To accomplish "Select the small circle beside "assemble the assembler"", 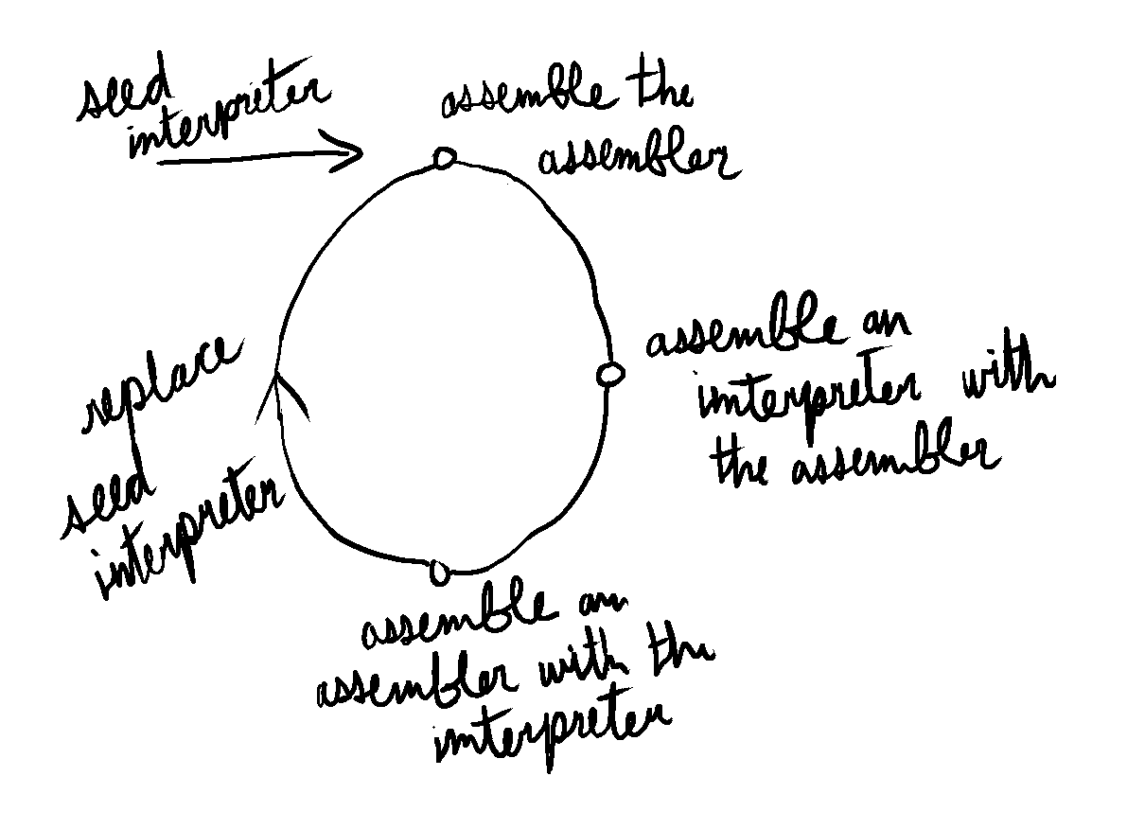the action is pyautogui.click(x=444, y=158).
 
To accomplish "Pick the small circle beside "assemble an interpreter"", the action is pyautogui.click(x=610, y=374).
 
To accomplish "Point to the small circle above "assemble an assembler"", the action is pyautogui.click(x=440, y=573).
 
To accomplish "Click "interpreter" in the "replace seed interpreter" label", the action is pyautogui.click(x=189, y=527).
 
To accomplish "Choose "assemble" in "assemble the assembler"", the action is pyautogui.click(x=528, y=100).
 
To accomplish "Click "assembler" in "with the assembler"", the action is pyautogui.click(x=895, y=459).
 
